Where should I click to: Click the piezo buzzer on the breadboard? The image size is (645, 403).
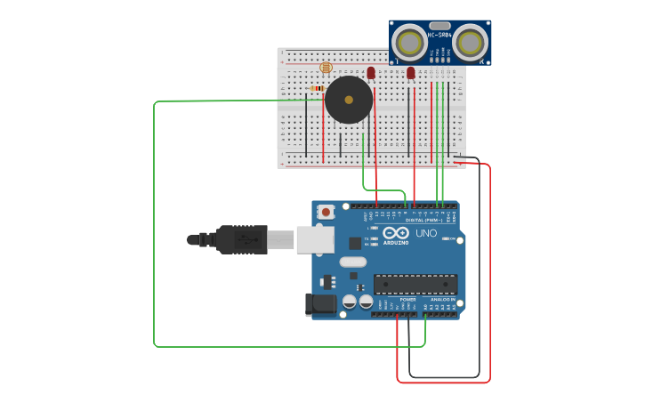(348, 100)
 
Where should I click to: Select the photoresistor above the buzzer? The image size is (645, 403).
(325, 68)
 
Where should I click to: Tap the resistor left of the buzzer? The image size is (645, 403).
(318, 88)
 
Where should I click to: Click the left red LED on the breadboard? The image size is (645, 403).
(371, 73)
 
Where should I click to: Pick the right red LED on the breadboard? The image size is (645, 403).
(411, 73)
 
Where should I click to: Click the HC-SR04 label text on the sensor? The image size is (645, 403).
(439, 35)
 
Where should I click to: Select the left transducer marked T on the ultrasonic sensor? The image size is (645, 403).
(410, 43)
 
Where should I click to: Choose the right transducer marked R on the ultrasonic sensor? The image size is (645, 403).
(470, 43)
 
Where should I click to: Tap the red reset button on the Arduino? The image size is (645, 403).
(327, 212)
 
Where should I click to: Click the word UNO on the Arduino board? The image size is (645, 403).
(428, 233)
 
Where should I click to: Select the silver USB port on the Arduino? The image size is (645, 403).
(315, 239)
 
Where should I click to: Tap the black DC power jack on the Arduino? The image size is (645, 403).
(321, 304)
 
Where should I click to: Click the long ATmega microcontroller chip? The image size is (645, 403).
(415, 285)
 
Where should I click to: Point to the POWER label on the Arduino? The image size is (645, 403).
(407, 300)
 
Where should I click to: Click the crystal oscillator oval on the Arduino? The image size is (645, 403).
(352, 262)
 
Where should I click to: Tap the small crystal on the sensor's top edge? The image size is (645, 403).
(439, 25)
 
